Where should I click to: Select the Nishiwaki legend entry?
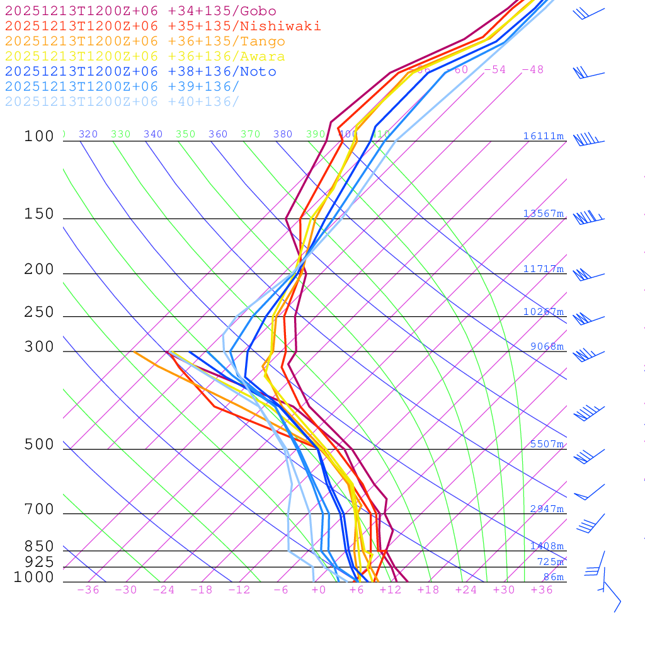tap(163, 26)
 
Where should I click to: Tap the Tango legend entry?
tap(145, 42)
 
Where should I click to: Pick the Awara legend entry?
tap(145, 56)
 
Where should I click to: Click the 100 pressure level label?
tap(39, 136)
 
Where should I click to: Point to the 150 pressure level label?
tap(39, 214)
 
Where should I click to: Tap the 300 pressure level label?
tap(39, 347)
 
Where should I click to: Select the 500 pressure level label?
tap(39, 445)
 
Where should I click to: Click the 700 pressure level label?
tap(39, 509)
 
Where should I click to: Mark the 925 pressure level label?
tap(39, 561)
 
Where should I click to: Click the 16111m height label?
tap(543, 136)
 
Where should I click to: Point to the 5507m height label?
tap(547, 444)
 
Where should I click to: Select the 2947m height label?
tap(547, 509)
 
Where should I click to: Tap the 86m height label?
tap(553, 577)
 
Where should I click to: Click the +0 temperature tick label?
tap(319, 590)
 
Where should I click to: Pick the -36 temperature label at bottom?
tap(88, 590)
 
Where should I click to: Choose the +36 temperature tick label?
tap(542, 590)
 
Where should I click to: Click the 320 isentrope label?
tap(88, 134)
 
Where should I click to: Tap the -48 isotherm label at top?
tap(532, 69)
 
